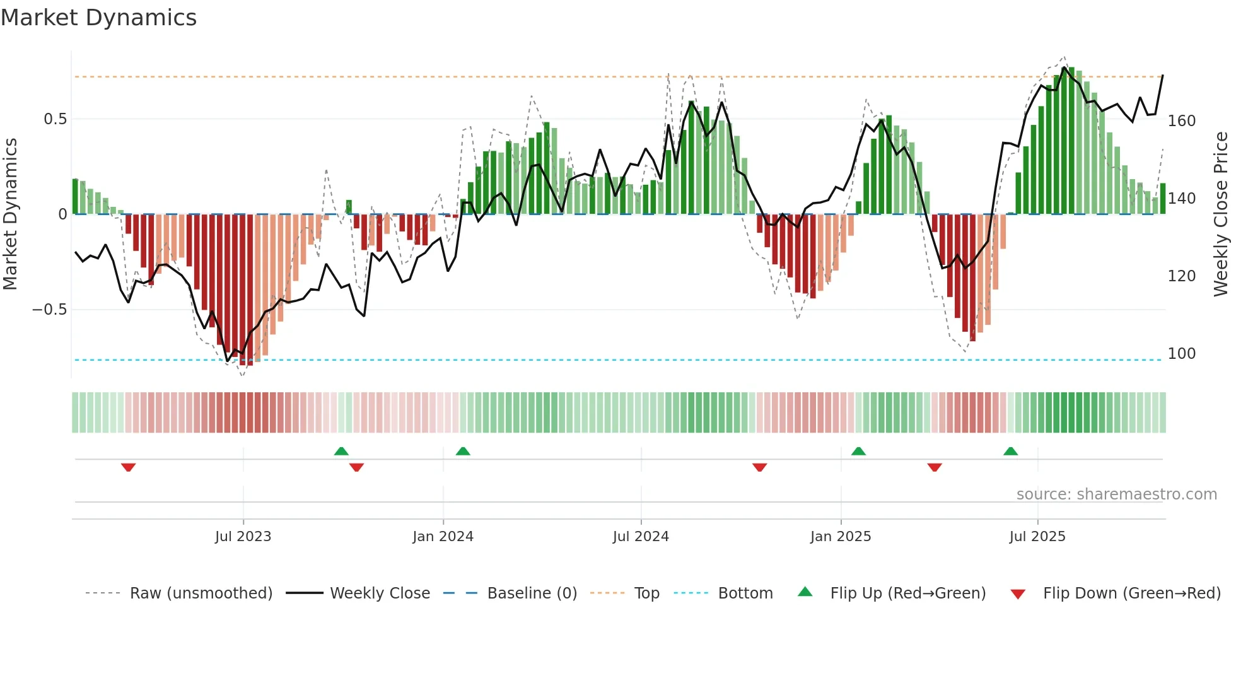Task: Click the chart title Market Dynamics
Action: pos(98,18)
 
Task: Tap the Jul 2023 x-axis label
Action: pos(243,537)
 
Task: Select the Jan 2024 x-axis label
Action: pos(443,537)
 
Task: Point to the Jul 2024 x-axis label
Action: pos(641,537)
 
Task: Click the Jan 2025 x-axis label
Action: pos(841,537)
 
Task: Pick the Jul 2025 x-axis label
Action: pos(1037,537)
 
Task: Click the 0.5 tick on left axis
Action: pos(55,119)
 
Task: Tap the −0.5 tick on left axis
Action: pos(50,310)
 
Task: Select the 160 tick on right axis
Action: pos(1182,121)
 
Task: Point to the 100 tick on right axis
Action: pos(1182,354)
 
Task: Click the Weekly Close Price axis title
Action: pos(1221,214)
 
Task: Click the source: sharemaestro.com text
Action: pos(1116,494)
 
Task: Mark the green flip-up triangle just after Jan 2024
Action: pos(463,451)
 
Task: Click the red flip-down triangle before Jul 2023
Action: pos(129,467)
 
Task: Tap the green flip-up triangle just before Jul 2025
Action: pos(1010,451)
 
